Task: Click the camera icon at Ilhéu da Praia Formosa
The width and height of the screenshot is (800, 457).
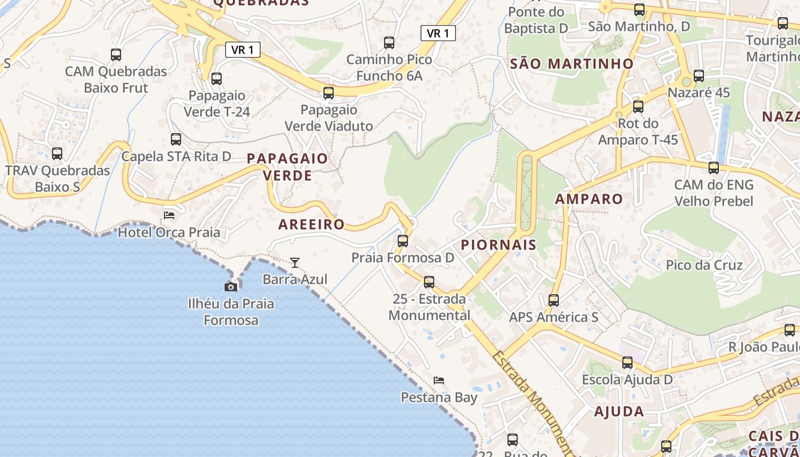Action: [x=231, y=287]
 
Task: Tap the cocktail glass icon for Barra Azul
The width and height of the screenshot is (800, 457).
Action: [x=295, y=262]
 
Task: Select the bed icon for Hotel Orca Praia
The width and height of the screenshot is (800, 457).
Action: [x=169, y=215]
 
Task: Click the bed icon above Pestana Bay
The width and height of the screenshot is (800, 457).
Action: [x=439, y=380]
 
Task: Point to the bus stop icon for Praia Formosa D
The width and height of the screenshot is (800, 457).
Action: [x=403, y=241]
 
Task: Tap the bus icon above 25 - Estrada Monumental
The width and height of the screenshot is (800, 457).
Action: [x=429, y=282]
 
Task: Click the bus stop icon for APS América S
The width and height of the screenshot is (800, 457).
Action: [x=553, y=300]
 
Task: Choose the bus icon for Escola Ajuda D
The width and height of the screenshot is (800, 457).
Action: [x=627, y=362]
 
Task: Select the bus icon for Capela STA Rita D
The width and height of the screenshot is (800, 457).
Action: [x=176, y=139]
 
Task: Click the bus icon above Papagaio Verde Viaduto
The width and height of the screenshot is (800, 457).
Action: [x=329, y=93]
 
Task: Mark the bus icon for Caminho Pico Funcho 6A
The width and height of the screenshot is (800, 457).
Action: [x=389, y=42]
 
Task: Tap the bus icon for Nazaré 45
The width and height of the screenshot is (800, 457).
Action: [x=698, y=76]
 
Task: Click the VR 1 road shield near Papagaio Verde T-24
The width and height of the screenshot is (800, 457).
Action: [x=243, y=50]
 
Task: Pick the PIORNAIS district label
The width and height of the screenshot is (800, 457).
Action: [x=498, y=245]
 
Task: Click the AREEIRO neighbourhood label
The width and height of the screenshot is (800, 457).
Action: [x=311, y=225]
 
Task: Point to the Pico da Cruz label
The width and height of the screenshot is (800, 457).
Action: [x=704, y=265]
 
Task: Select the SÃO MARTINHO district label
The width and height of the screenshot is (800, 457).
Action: [x=571, y=63]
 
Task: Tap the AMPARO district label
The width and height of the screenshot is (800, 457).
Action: [x=589, y=199]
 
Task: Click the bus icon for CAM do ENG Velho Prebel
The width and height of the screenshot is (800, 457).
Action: [x=713, y=168]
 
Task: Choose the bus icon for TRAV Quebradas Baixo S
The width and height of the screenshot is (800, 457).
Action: [x=57, y=154]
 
